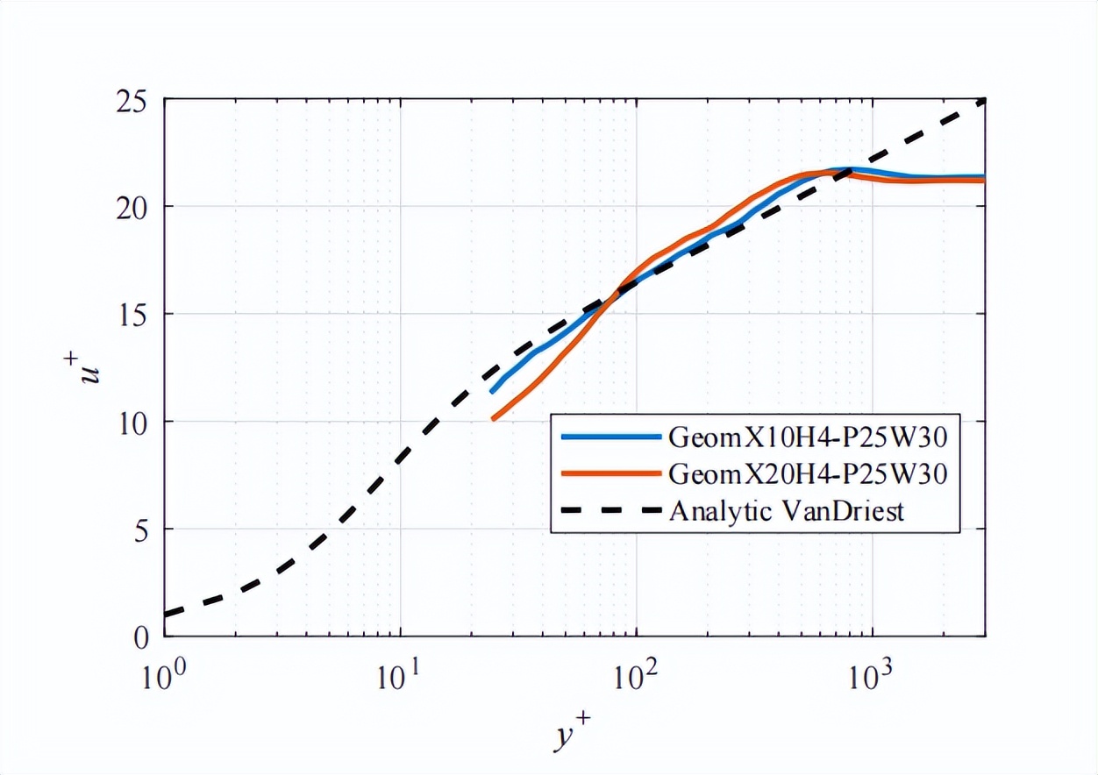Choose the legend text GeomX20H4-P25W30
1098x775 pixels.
pos(808,473)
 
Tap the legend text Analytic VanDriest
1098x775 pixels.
pos(786,511)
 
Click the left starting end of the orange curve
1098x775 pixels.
pos(494,419)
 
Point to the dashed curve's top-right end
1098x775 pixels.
pos(984,101)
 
